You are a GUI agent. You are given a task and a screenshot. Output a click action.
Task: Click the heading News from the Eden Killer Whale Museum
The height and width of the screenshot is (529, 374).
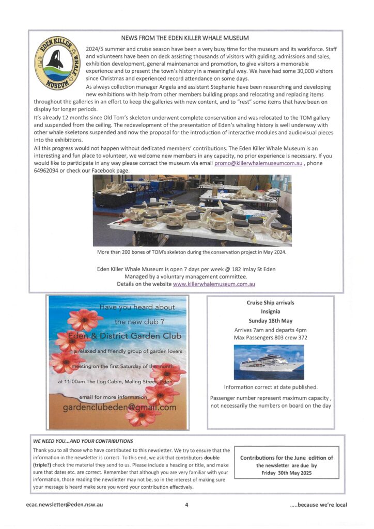tap(185, 38)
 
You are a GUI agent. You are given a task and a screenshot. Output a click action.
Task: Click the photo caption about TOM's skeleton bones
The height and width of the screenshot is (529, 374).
tap(192, 253)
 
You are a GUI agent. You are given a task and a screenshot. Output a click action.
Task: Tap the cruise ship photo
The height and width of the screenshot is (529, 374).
tap(269, 362)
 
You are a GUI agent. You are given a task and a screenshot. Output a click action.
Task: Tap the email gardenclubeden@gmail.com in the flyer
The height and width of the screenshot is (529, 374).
tap(119, 408)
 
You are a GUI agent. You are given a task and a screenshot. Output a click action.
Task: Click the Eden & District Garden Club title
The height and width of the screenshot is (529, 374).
tap(119, 336)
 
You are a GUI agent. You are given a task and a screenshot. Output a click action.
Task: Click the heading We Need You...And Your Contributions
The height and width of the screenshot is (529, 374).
tap(83, 441)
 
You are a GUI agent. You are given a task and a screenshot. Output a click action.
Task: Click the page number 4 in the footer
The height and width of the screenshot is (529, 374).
tap(186, 505)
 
